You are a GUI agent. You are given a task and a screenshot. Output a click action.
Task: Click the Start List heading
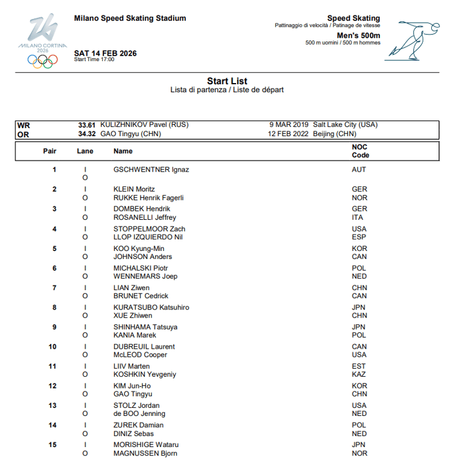point(227,81)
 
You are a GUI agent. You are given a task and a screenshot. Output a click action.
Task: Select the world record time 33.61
point(86,125)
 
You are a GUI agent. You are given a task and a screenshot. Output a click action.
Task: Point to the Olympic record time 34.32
point(86,134)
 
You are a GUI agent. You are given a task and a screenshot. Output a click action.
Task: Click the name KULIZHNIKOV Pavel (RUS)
point(144,125)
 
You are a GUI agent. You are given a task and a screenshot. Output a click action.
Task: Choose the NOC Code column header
point(360,151)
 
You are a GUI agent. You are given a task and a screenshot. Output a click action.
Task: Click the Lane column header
point(85,151)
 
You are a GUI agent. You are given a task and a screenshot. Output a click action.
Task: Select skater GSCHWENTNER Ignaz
point(151,170)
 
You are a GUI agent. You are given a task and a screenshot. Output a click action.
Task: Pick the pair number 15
point(53,445)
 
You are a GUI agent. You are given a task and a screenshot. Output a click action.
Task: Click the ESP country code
point(359,237)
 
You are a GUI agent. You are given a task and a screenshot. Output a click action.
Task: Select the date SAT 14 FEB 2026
point(105,53)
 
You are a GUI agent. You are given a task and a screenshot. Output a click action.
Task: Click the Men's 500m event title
point(358,35)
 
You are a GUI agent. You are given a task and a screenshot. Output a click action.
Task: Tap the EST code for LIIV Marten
point(359,366)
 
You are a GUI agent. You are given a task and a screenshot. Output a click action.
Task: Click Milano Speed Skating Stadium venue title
point(130,18)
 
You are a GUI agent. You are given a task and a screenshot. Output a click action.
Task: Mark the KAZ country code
point(359,374)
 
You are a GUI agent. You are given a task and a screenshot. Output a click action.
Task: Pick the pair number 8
point(54,307)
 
